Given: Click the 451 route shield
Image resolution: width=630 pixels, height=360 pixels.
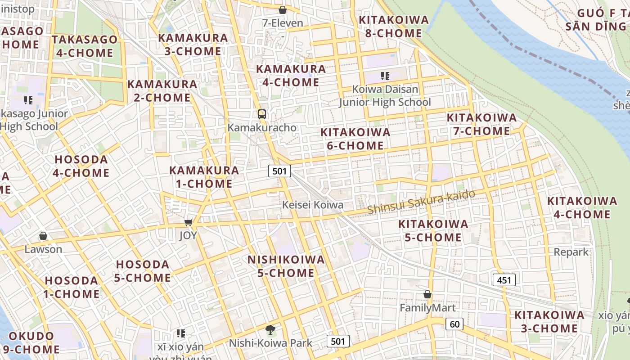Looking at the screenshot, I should point(504,280).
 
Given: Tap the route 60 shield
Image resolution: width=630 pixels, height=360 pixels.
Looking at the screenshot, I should point(454,324).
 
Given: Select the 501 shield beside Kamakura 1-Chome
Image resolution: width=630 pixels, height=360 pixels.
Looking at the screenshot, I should point(279,171).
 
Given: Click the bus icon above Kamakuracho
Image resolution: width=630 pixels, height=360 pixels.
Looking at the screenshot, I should point(261,114).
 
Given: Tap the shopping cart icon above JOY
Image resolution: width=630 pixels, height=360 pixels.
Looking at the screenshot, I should point(189,222).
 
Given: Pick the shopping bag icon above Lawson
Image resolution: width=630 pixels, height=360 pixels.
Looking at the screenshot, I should point(43,236).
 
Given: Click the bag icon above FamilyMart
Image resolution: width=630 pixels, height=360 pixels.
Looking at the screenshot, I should point(427,295).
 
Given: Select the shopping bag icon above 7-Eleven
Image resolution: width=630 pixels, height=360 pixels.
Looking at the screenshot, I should point(283,10).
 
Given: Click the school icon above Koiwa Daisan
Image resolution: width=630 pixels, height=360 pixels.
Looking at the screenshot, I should point(385,76).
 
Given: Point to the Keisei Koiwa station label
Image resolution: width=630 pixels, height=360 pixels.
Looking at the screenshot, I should point(312,205).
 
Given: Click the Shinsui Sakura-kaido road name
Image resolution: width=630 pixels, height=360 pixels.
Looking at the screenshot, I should point(421,202).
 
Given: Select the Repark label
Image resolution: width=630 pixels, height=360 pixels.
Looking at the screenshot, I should point(571,252).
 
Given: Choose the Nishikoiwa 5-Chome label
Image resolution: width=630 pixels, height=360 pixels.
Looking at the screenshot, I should point(286,266).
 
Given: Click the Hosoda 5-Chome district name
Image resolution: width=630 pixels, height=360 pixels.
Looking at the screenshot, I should point(142,271).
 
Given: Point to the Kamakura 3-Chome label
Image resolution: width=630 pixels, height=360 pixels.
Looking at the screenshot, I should point(193,44).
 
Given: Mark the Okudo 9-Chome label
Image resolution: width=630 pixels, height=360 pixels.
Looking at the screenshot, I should point(34,342).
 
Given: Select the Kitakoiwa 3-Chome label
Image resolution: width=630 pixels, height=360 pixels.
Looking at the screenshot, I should point(549,321).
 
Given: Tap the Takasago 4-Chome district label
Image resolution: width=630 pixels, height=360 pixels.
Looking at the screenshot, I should point(85,46).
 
